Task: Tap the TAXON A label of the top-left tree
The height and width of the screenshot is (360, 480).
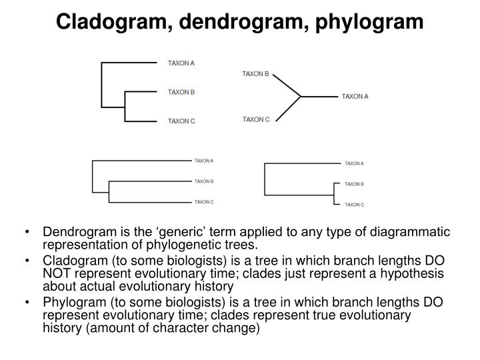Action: click(181, 63)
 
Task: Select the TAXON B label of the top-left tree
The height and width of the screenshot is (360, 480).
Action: click(181, 93)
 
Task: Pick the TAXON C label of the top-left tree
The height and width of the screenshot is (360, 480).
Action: click(181, 121)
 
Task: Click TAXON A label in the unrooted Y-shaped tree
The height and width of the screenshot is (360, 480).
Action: click(355, 97)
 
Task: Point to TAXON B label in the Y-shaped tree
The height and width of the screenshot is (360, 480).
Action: click(255, 74)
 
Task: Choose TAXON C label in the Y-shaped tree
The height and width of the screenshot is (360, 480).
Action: click(256, 119)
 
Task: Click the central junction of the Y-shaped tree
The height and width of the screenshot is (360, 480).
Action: click(301, 97)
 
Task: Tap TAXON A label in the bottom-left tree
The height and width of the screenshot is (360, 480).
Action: click(204, 161)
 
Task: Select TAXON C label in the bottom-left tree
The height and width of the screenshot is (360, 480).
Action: click(204, 201)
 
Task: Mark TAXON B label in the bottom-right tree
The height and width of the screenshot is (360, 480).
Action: click(354, 184)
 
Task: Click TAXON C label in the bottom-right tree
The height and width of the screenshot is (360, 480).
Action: click(354, 205)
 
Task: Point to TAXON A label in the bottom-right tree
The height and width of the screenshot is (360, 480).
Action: click(354, 163)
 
